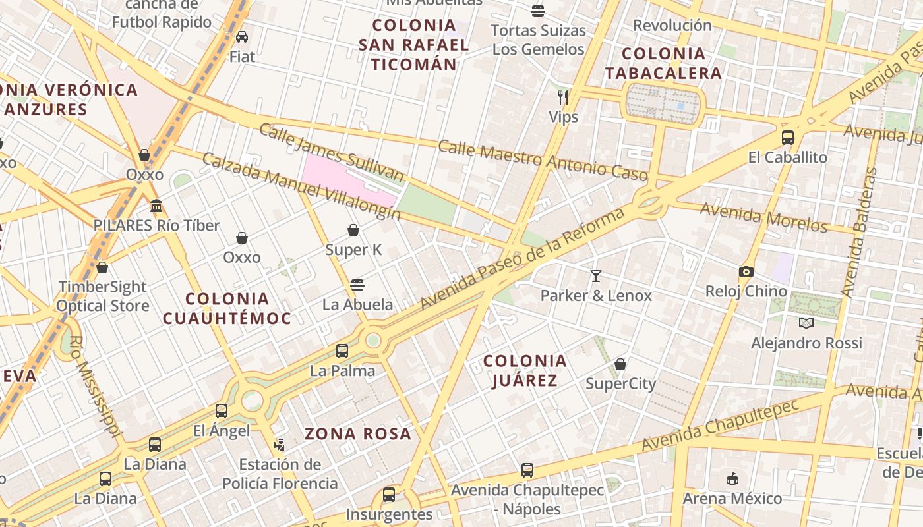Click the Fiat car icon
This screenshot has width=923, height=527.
(x=242, y=37)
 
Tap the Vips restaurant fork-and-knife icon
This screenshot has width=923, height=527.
(x=562, y=97)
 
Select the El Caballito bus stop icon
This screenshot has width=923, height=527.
(x=787, y=138)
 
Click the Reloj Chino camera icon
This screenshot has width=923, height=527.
(x=746, y=271)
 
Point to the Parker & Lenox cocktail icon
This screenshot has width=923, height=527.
(x=596, y=276)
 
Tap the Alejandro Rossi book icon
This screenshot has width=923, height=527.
(x=806, y=323)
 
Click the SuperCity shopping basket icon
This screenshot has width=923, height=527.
(x=620, y=364)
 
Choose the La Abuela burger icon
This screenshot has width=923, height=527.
(x=357, y=285)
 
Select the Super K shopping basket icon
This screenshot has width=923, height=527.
(x=353, y=230)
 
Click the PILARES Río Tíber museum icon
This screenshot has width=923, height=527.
(x=156, y=206)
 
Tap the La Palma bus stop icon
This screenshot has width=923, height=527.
(x=342, y=351)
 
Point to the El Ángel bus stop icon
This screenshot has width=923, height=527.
(x=221, y=411)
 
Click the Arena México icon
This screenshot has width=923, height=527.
(x=732, y=478)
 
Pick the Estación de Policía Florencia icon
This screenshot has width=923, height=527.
(x=280, y=445)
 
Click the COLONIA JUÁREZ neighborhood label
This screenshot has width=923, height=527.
(x=525, y=370)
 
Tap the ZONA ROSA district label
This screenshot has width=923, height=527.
(x=358, y=433)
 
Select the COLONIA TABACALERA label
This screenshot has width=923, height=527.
(x=663, y=63)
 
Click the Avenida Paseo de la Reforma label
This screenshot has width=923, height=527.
(x=522, y=260)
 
